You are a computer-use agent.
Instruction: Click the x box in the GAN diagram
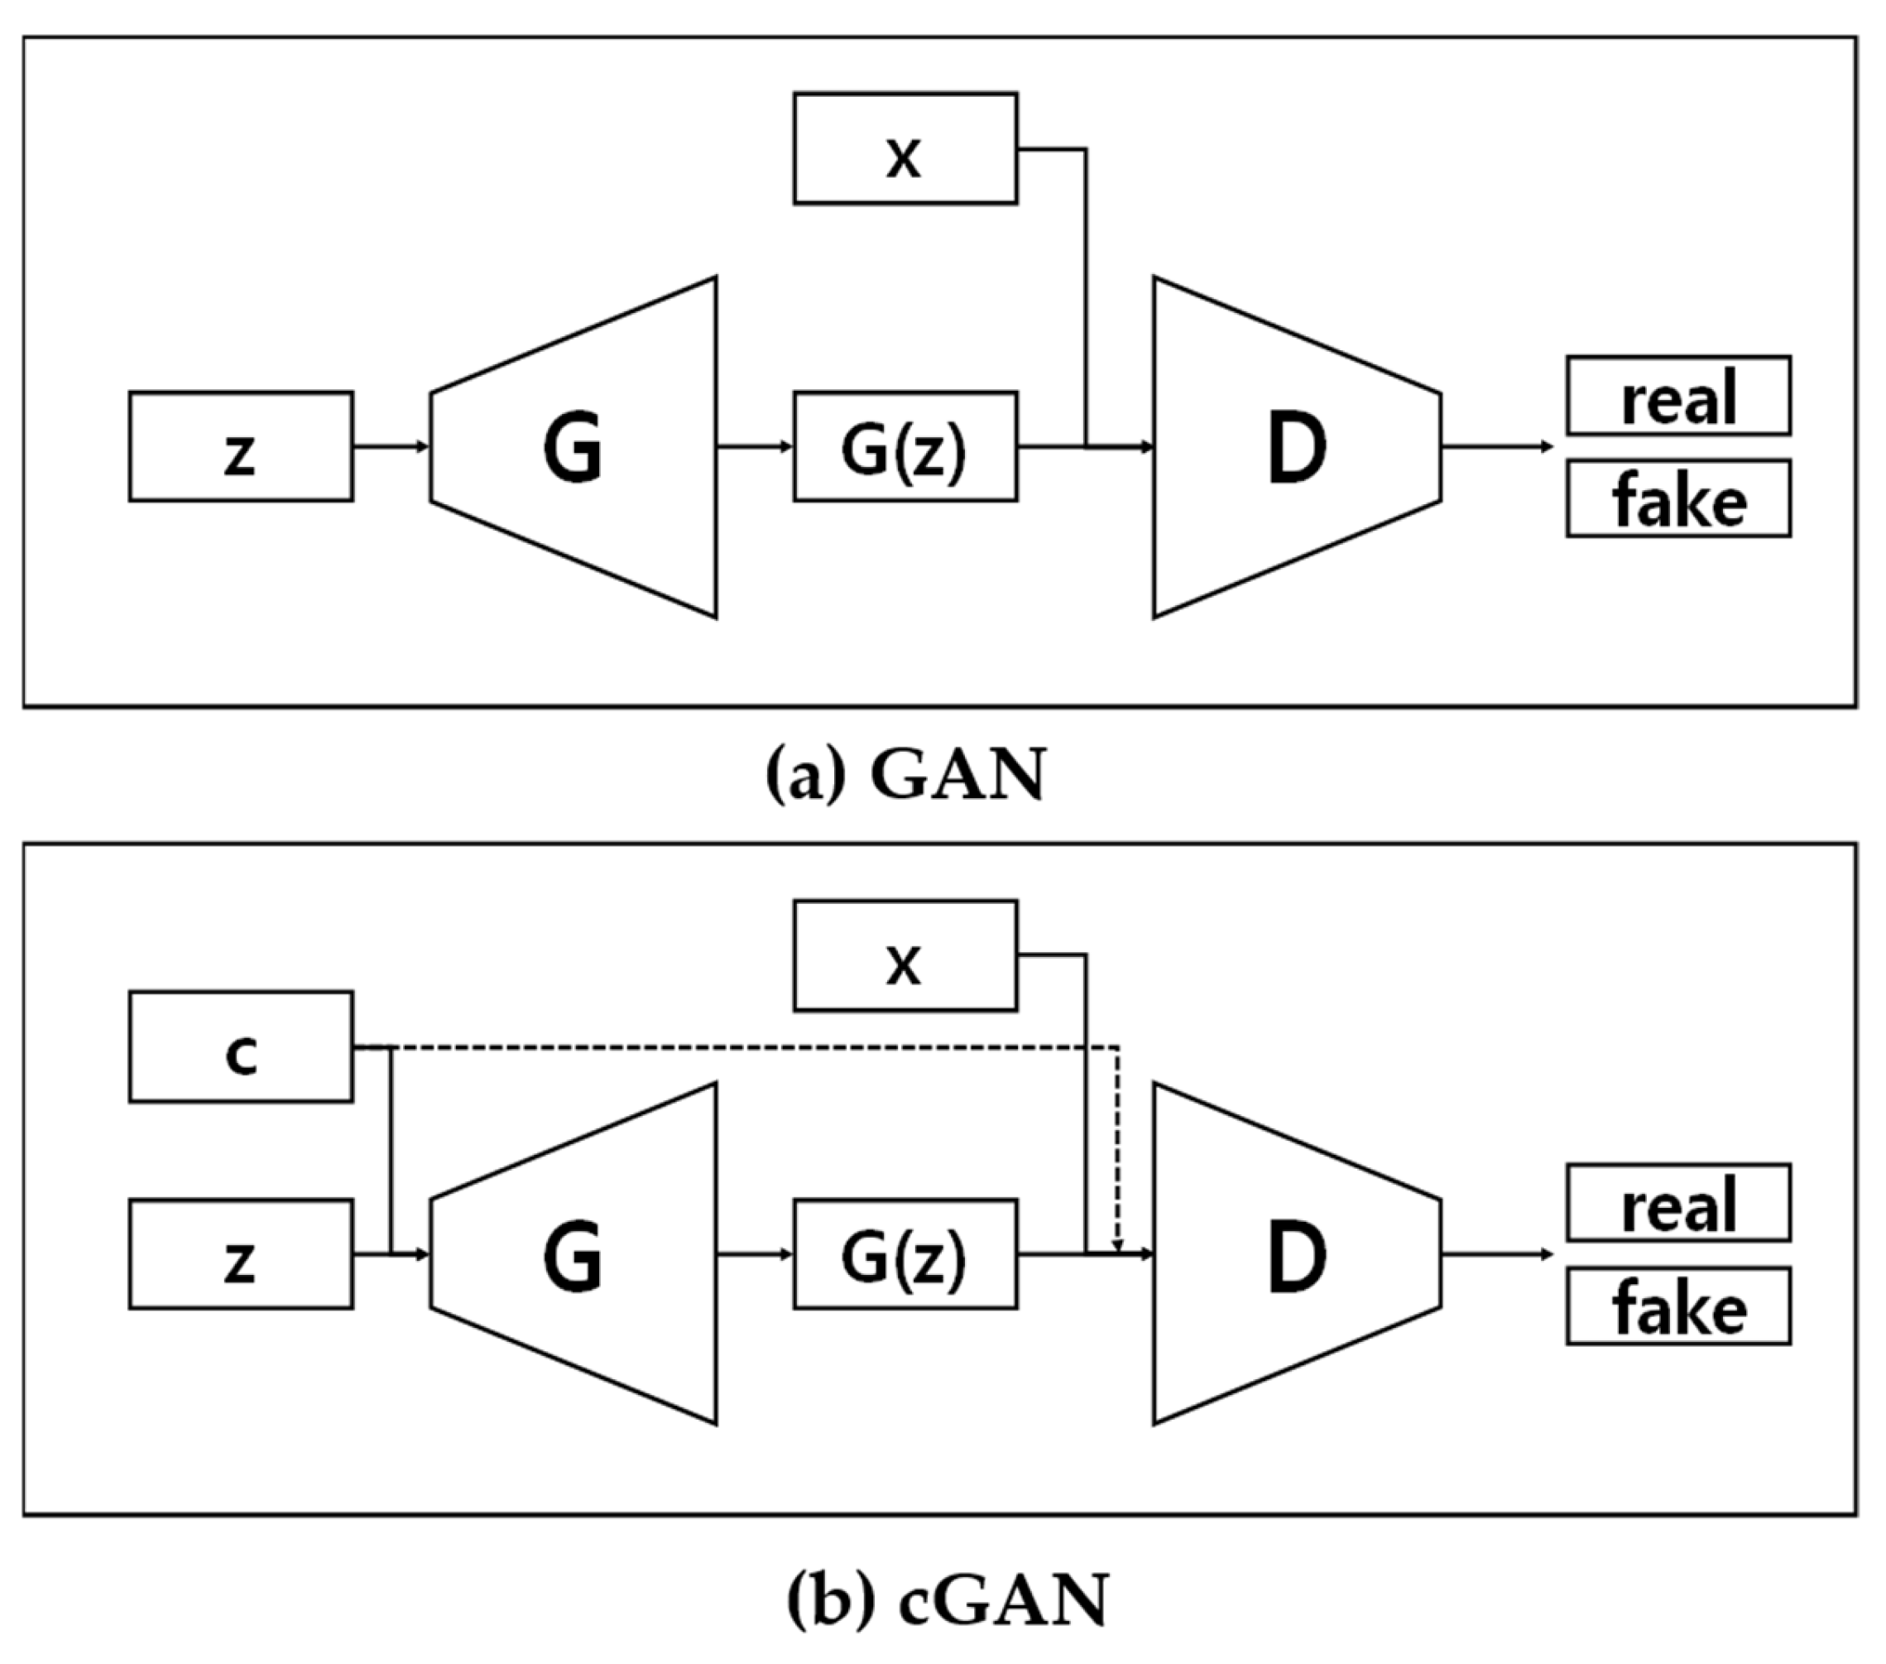pos(905,148)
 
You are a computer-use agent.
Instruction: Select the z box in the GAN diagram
pos(241,447)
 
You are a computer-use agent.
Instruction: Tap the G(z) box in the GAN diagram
pos(905,447)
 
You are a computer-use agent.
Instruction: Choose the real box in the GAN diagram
pos(1677,395)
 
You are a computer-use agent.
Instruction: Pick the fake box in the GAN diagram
pos(1677,498)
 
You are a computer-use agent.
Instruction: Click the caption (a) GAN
pos(907,773)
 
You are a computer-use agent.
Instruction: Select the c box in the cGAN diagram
pos(241,1046)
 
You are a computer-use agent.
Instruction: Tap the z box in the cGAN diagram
pos(241,1254)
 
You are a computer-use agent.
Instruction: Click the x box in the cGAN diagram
pos(905,955)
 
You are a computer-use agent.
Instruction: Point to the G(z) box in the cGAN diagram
pos(905,1254)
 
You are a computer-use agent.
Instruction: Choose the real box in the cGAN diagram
pos(1677,1203)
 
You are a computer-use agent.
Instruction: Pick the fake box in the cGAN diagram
pos(1677,1306)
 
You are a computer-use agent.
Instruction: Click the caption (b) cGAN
pos(948,1599)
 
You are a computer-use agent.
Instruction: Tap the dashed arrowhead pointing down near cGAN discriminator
pos(1117,1244)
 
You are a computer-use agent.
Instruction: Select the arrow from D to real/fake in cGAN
pos(1496,1254)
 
